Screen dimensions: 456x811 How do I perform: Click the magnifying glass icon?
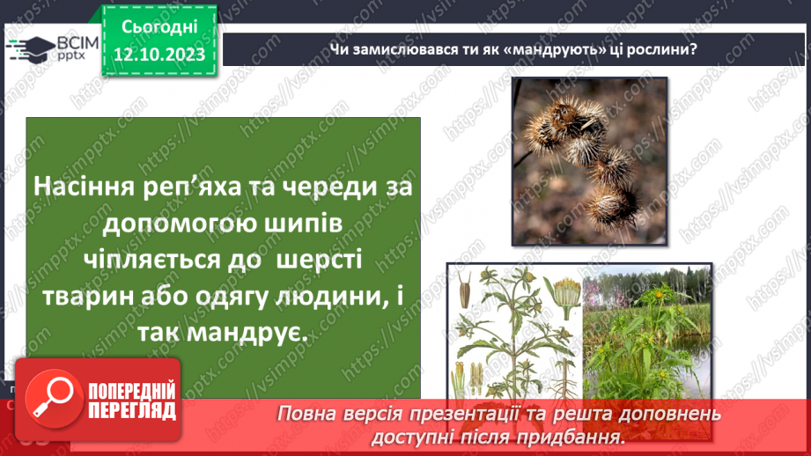pyautogui.click(x=49, y=401)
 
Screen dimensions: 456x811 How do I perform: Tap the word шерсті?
pyautogui.click(x=320, y=260)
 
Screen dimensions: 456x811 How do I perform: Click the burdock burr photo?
pyautogui.click(x=589, y=159)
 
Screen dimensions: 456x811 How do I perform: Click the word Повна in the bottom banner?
pyautogui.click(x=309, y=413)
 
